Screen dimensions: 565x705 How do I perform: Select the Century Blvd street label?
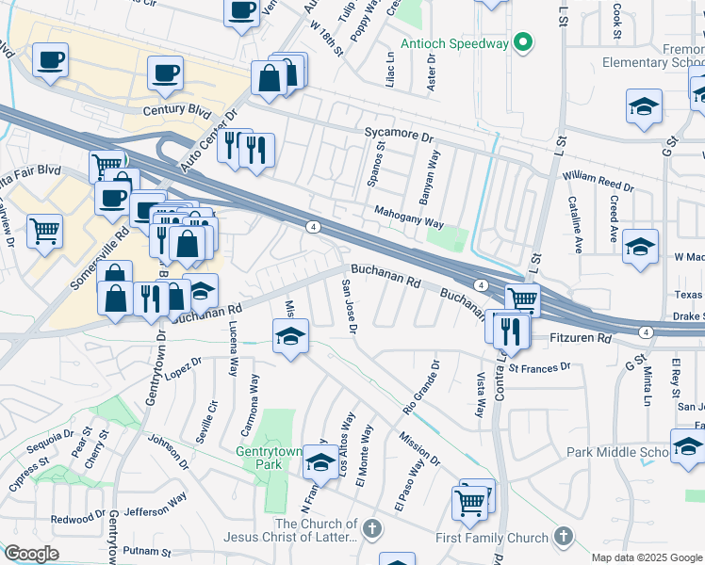[x=176, y=110]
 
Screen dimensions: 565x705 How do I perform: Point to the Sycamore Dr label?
[x=399, y=135]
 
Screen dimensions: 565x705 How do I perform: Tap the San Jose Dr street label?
[x=350, y=307]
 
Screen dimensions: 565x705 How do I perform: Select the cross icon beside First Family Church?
[x=563, y=537]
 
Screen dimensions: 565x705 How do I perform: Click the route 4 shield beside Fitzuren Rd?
[x=646, y=331]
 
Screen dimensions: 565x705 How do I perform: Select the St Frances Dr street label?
[x=539, y=368]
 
